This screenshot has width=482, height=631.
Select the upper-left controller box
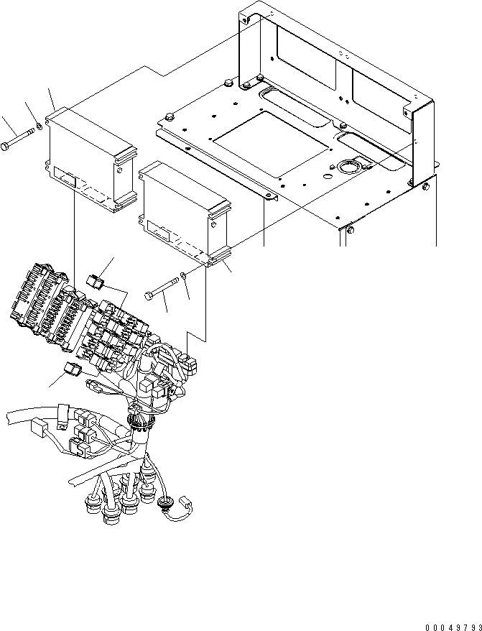[x=89, y=158]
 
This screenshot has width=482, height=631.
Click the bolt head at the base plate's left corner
[x=170, y=116]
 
